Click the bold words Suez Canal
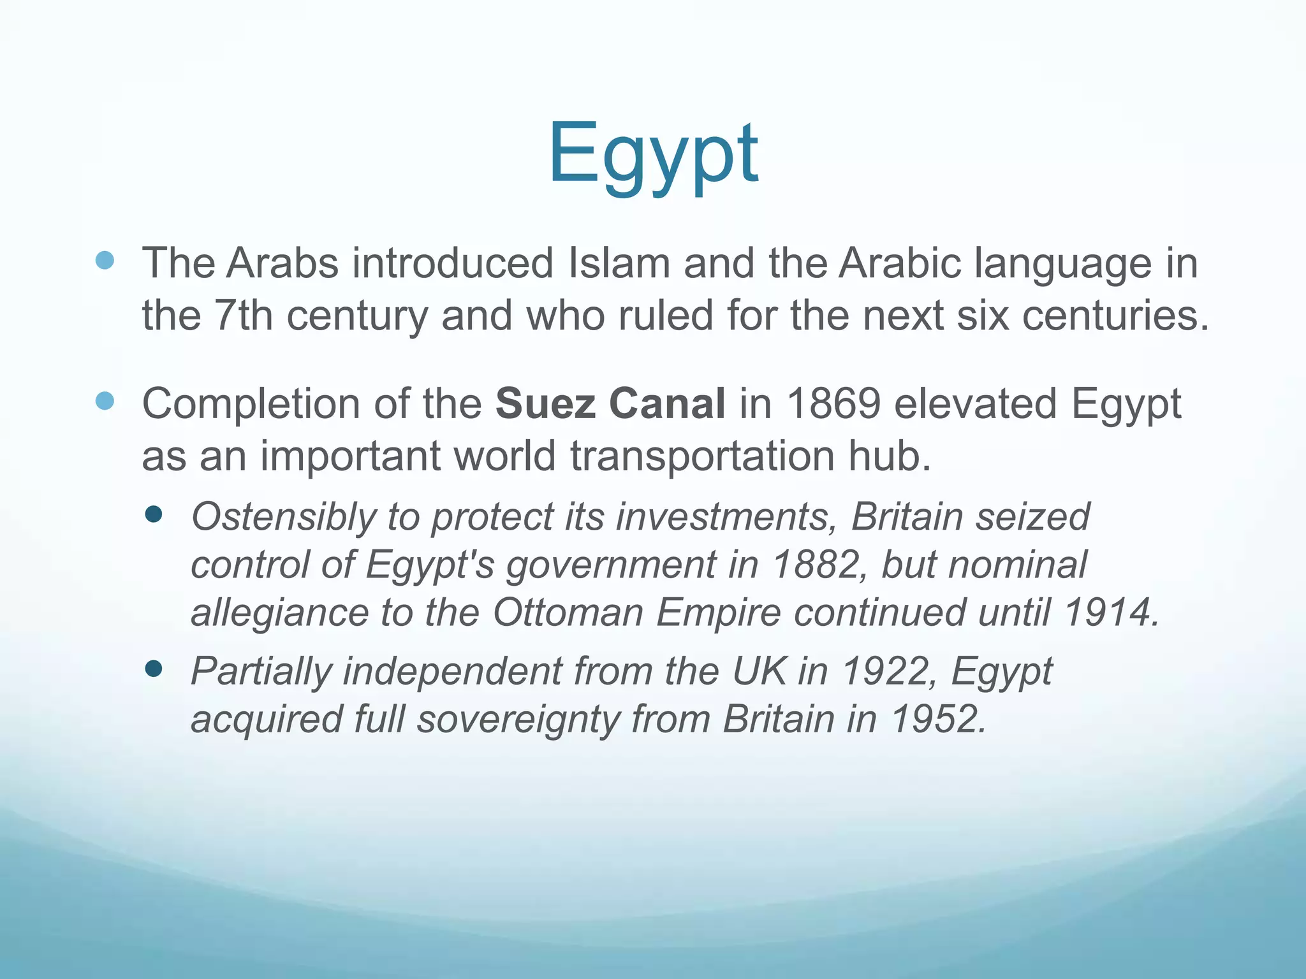(610, 404)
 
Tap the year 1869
(833, 404)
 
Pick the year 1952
(937, 720)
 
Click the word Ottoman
(568, 613)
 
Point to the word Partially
(261, 671)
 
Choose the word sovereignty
(518, 720)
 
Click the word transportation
(702, 456)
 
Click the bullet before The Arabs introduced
(105, 260)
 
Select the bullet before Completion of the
(105, 401)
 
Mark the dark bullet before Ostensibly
(154, 514)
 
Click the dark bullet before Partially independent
(154, 668)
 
